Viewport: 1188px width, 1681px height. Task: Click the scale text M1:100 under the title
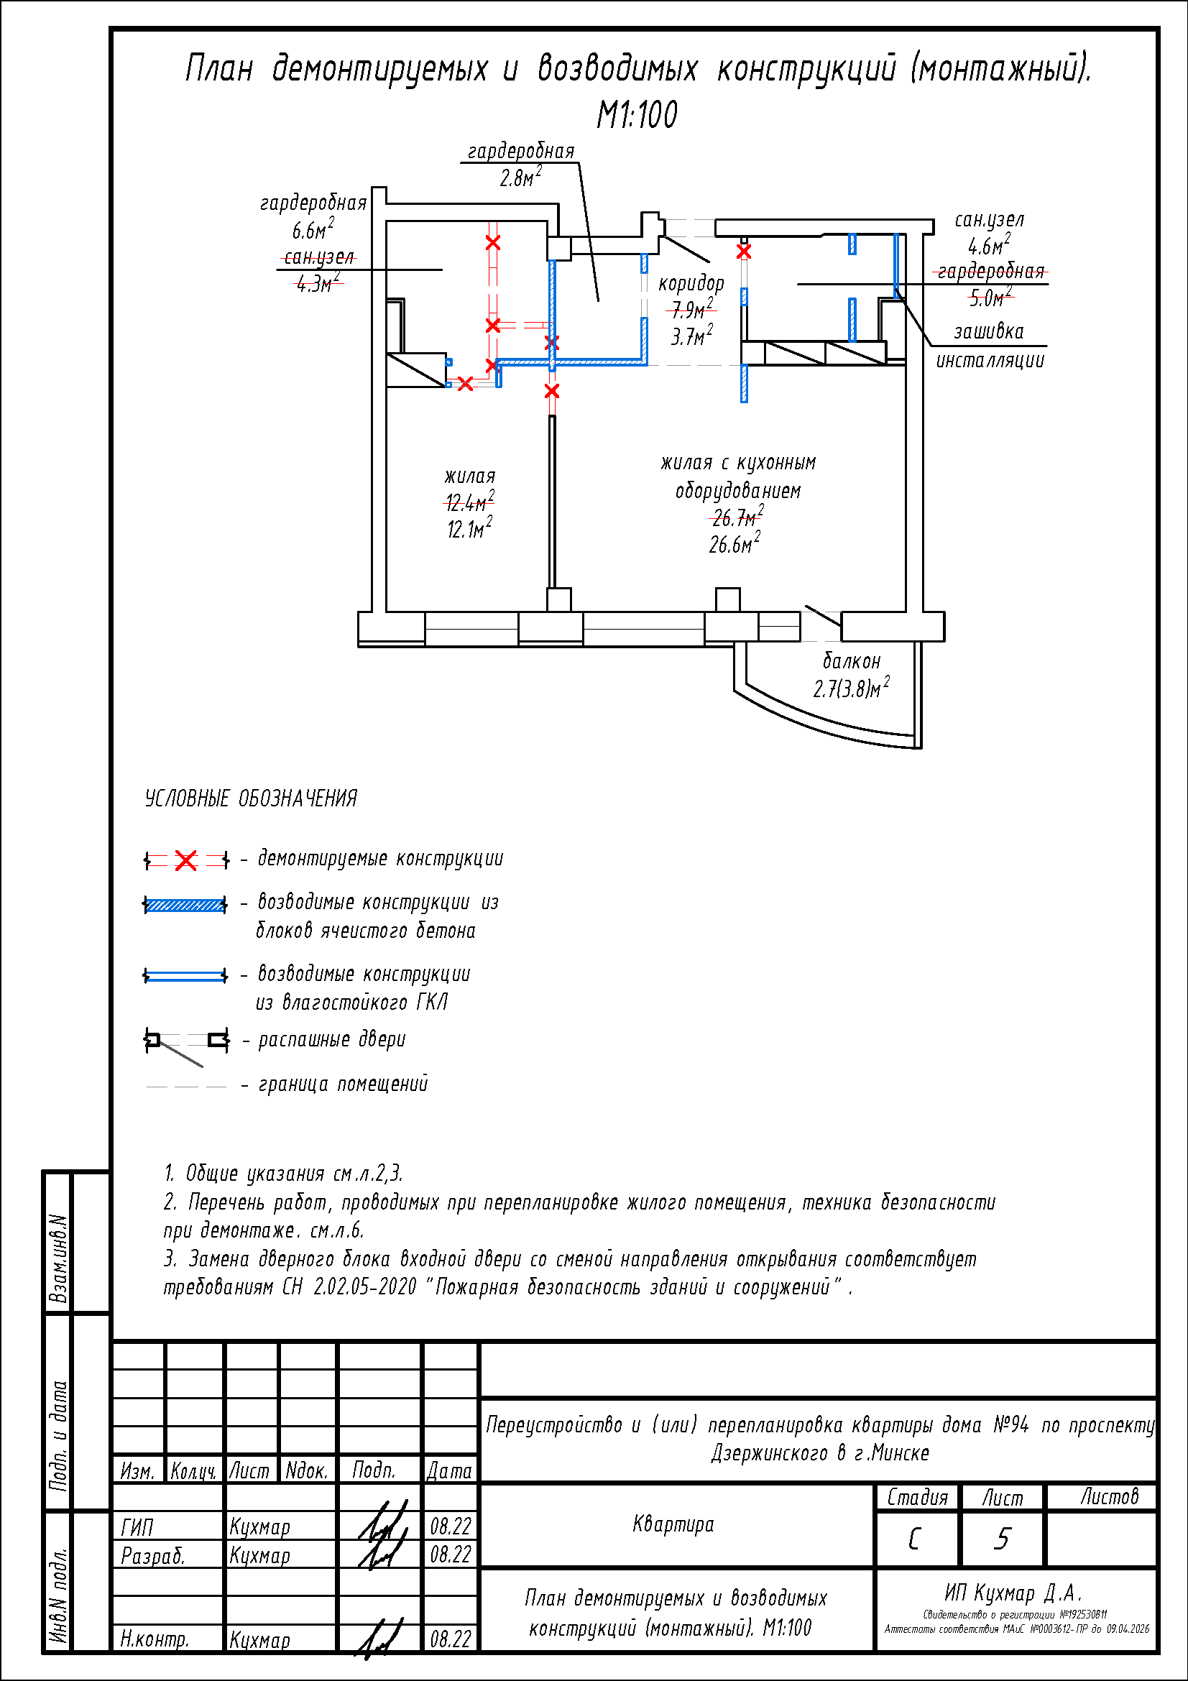[637, 115]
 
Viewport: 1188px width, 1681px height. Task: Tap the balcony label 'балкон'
[851, 661]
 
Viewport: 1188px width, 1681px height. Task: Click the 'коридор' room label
[691, 283]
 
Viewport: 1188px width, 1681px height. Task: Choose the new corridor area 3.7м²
[691, 336]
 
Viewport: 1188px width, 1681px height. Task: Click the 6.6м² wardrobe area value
[313, 230]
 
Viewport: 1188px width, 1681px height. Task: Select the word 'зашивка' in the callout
[988, 331]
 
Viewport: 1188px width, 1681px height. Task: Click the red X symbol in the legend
[186, 860]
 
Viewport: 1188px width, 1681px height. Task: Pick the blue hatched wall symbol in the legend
[185, 905]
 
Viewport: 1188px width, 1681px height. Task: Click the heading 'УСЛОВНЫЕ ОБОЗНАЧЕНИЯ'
[251, 798]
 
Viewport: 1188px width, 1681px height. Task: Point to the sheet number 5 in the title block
[1002, 1538]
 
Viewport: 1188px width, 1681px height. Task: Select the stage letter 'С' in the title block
[913, 1538]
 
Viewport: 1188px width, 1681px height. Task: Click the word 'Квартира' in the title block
[673, 1524]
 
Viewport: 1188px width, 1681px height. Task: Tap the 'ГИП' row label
[137, 1527]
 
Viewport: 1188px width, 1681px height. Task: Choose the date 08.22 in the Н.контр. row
[450, 1639]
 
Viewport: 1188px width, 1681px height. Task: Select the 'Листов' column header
[1109, 1496]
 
